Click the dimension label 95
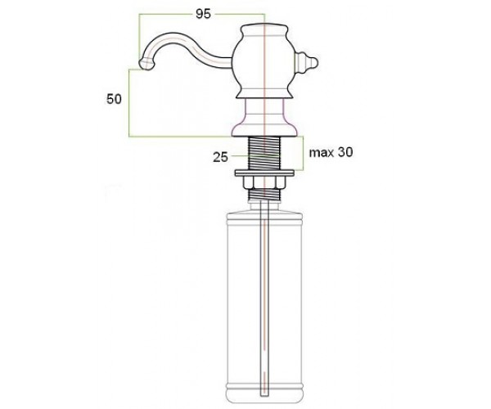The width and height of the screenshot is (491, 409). [x=203, y=14]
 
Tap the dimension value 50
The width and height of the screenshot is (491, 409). [x=114, y=99]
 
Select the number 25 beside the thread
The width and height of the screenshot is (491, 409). [x=220, y=157]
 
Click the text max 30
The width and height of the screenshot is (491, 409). [x=331, y=152]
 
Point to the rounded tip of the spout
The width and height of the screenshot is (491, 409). [x=146, y=64]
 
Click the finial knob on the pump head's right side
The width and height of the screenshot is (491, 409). [x=306, y=63]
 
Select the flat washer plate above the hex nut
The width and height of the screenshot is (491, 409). [x=265, y=173]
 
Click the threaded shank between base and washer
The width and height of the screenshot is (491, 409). [x=265, y=153]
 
